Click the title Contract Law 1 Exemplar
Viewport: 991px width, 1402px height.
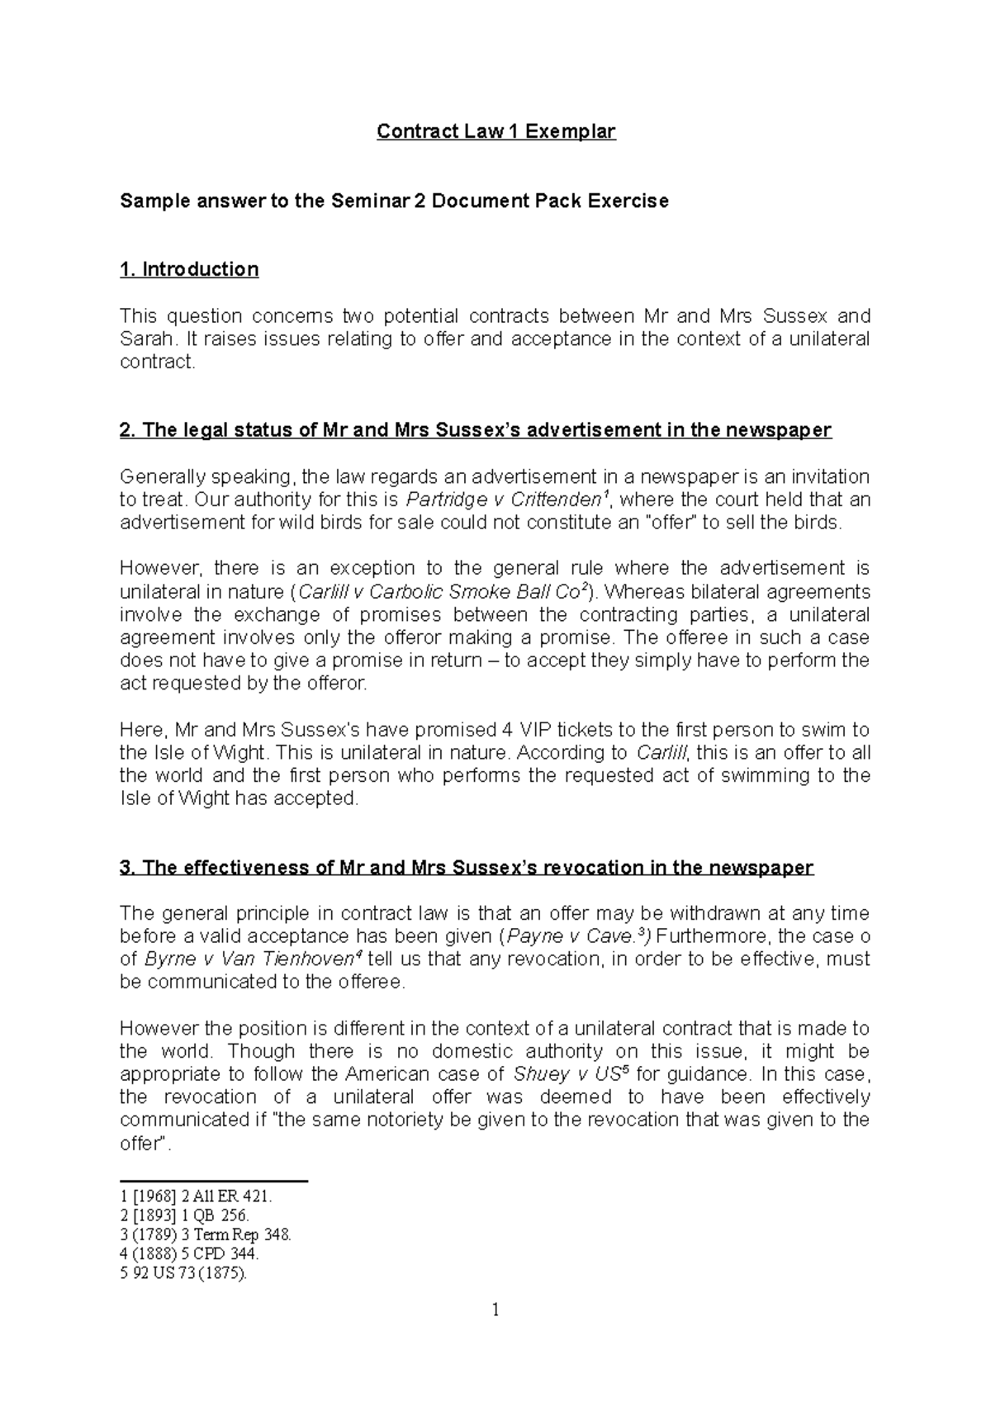tap(495, 131)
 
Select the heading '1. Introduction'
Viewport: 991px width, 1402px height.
tap(189, 269)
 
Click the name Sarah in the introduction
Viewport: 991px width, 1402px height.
tap(146, 339)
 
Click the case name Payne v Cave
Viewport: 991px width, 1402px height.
tap(572, 936)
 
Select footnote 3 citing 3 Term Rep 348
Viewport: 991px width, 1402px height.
tap(206, 1235)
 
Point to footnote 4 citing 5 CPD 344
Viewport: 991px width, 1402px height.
tap(190, 1253)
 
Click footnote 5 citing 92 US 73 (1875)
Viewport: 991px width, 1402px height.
tap(184, 1273)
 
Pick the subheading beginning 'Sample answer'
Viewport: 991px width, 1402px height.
tap(394, 201)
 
